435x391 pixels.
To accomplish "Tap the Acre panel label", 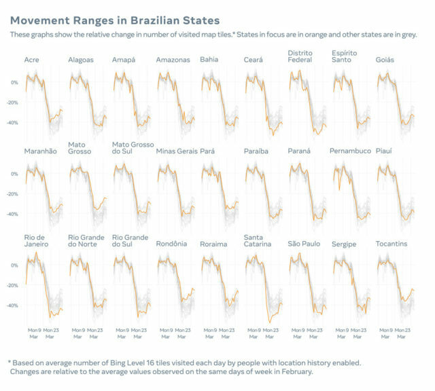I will tap(31, 60).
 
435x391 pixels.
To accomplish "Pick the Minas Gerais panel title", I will tap(176, 151).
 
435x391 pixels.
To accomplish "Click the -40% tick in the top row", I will tap(14, 123).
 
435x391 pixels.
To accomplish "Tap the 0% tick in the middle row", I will tap(15, 174).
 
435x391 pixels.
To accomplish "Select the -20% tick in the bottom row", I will tap(14, 285).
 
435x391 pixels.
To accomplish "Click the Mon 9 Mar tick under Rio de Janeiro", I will tap(34, 333).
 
